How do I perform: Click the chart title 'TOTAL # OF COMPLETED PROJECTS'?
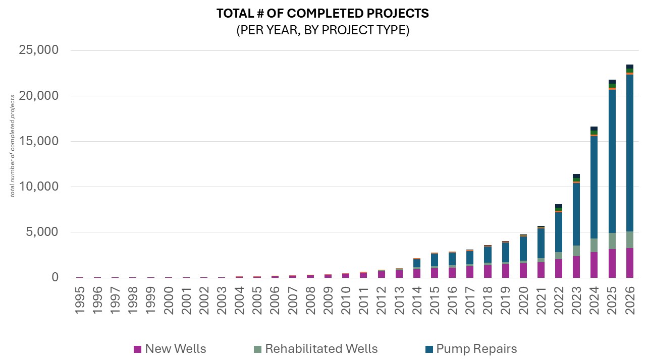322,14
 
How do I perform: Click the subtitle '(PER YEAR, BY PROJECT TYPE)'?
322,30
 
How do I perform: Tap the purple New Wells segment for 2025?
612,263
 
